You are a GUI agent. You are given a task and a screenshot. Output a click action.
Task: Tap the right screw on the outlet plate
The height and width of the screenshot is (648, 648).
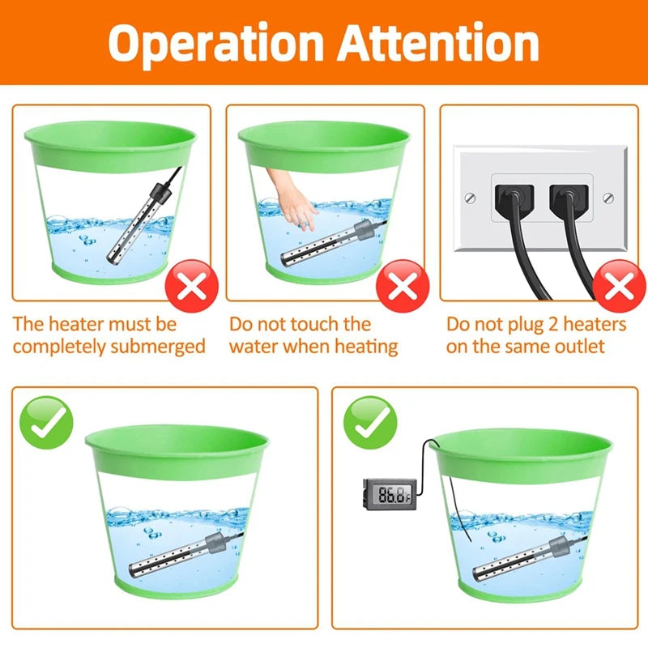point(608,197)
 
